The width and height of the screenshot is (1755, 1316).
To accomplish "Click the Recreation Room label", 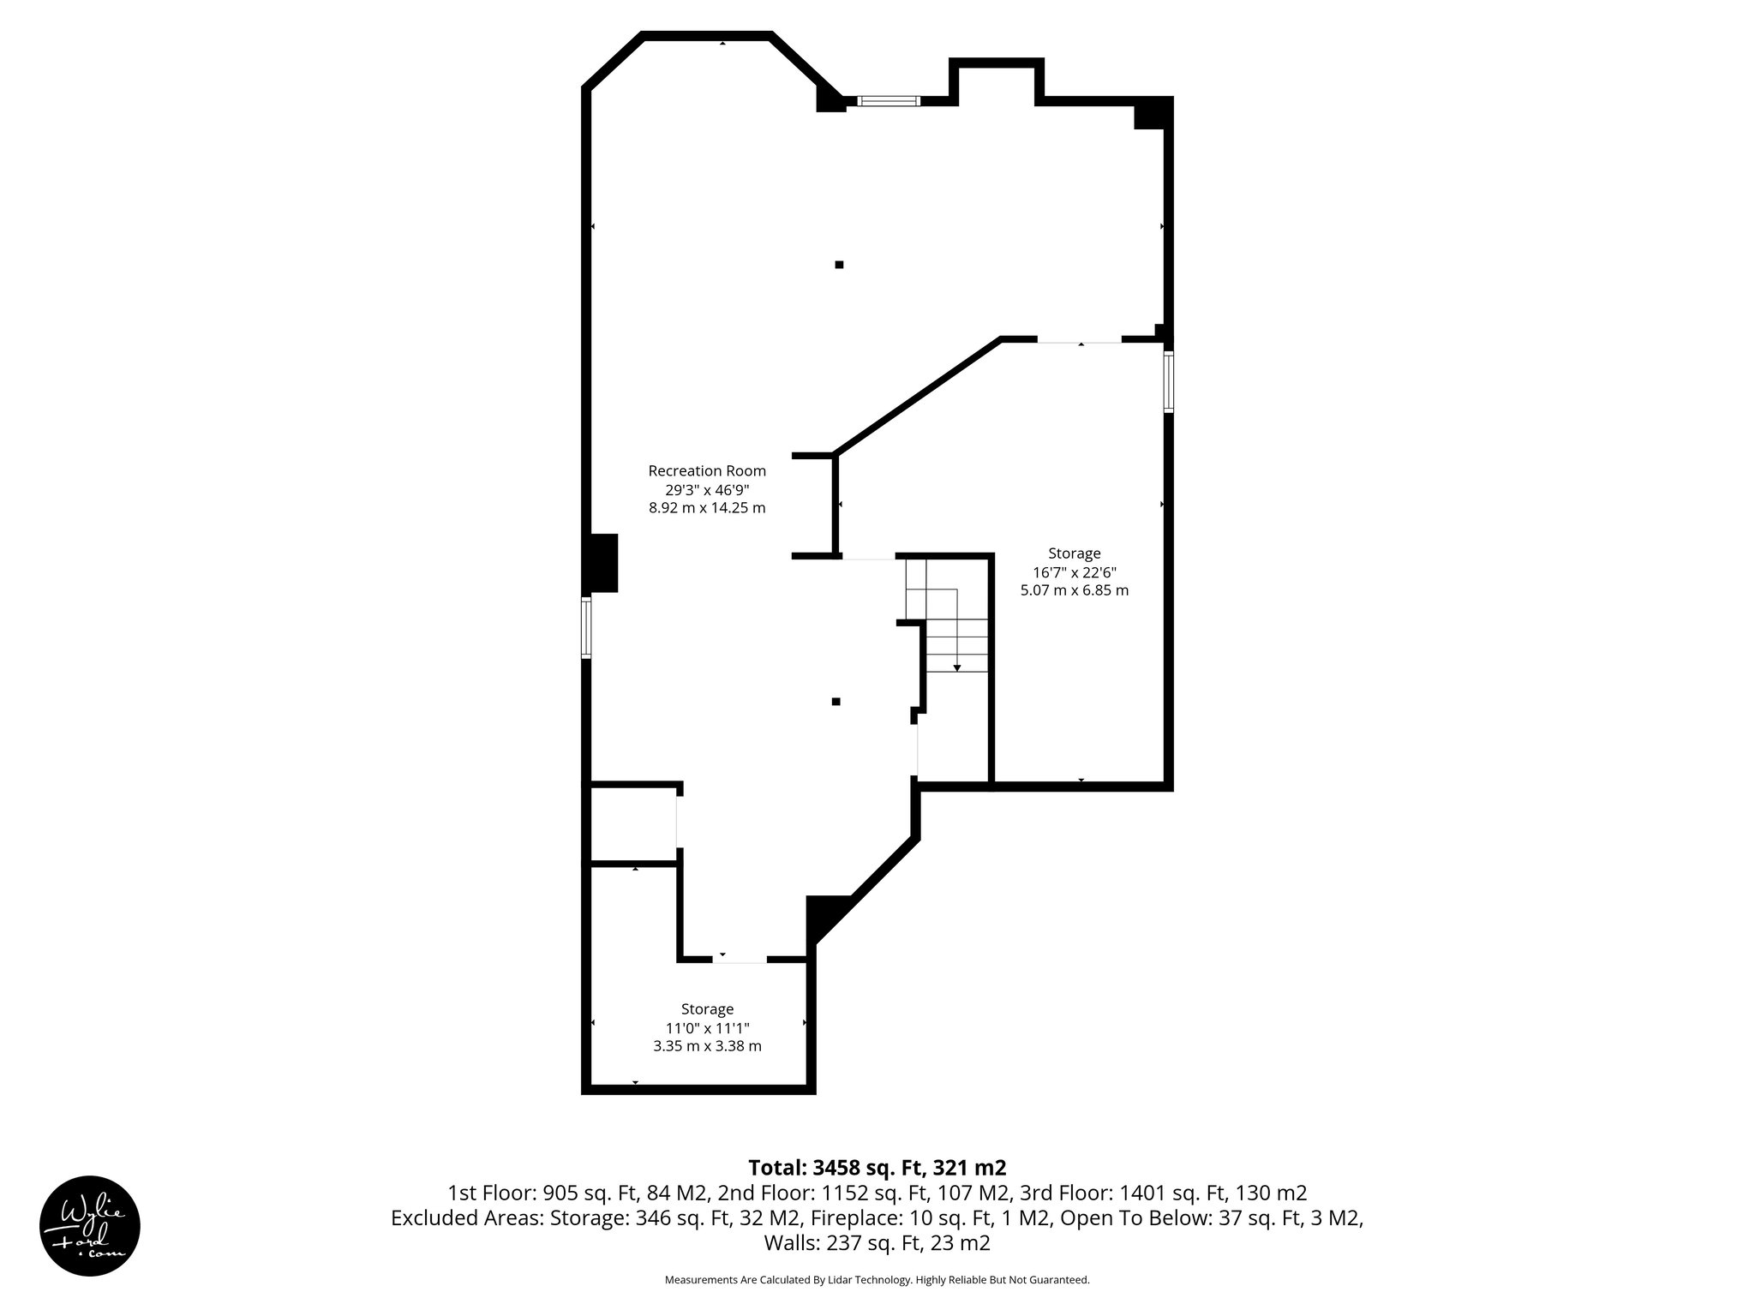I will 707,470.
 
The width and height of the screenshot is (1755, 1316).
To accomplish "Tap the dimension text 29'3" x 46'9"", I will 707,489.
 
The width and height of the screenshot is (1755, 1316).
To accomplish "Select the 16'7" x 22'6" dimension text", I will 1075,572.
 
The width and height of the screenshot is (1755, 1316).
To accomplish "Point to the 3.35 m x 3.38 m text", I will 707,1046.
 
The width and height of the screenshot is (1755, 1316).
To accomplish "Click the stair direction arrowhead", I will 957,667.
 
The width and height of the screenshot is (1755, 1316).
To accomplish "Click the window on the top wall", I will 889,101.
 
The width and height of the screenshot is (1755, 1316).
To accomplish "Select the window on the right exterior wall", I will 1168,383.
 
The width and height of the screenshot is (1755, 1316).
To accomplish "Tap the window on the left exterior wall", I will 586,628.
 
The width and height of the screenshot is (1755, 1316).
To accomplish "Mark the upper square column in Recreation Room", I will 839,265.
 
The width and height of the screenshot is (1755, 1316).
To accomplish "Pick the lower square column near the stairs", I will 836,702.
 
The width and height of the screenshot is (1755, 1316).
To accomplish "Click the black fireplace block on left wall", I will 602,563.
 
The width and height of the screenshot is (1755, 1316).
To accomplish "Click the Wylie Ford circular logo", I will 90,1226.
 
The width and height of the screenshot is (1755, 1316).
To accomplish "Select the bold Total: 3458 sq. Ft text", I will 877,1168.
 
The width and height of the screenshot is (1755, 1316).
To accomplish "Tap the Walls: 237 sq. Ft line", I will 877,1243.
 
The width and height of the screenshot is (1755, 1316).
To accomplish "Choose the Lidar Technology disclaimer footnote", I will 877,1280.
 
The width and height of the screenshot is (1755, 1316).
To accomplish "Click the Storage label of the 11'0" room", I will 707,1009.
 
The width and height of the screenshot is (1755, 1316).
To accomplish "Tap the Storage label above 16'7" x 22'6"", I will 1075,553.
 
